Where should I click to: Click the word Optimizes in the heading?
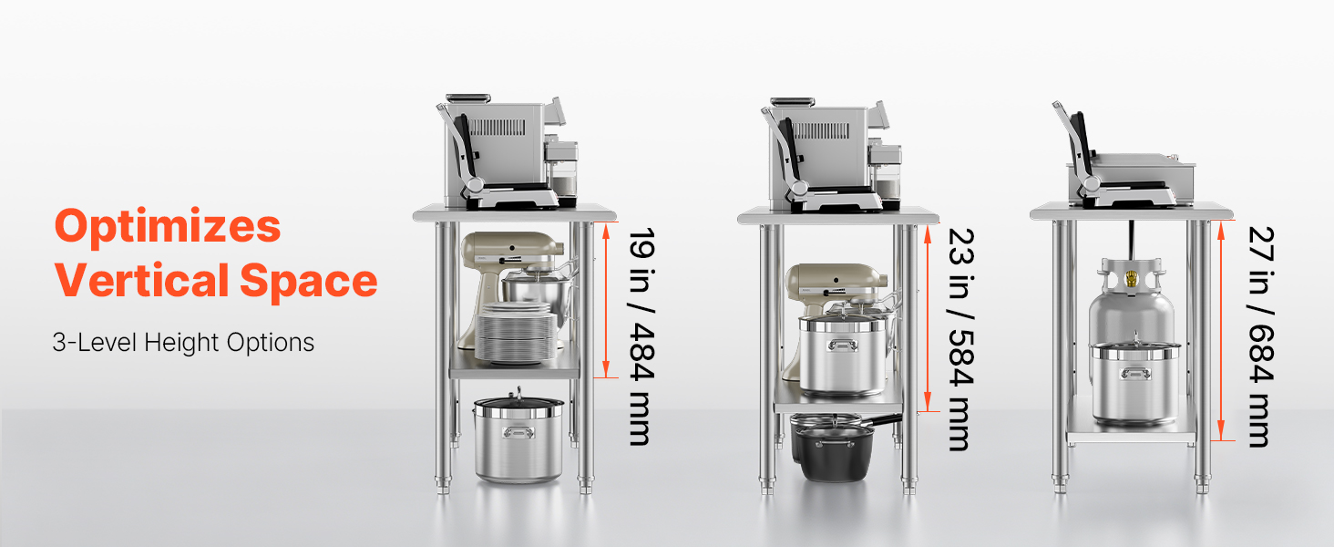click(x=168, y=227)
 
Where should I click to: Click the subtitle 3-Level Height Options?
click(x=183, y=343)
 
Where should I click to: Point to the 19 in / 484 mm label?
click(x=642, y=336)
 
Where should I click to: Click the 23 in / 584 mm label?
click(x=960, y=339)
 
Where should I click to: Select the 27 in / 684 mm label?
click(x=1261, y=337)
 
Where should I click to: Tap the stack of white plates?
click(x=516, y=333)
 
